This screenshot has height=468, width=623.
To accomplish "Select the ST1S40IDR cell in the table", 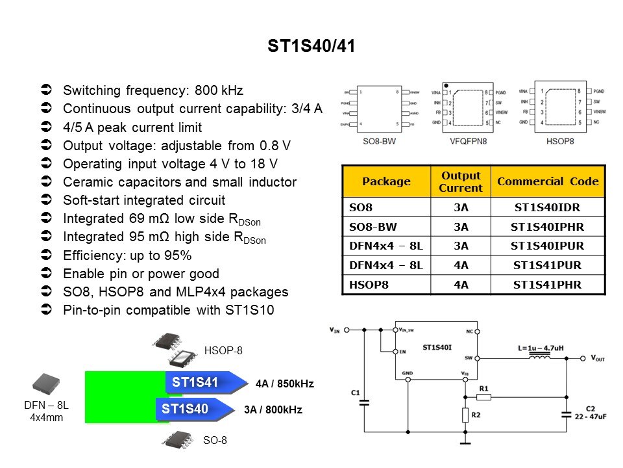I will click(x=548, y=207).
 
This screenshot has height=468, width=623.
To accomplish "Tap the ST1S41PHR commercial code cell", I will click(x=548, y=284).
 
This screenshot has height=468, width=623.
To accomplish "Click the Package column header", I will click(x=386, y=181).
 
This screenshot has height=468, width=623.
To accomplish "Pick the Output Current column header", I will click(x=461, y=181).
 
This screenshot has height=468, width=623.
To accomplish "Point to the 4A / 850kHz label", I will click(x=284, y=384).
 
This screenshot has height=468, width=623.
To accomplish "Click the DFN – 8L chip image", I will click(x=47, y=385).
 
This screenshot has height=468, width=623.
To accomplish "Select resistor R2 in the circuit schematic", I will click(x=465, y=414).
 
